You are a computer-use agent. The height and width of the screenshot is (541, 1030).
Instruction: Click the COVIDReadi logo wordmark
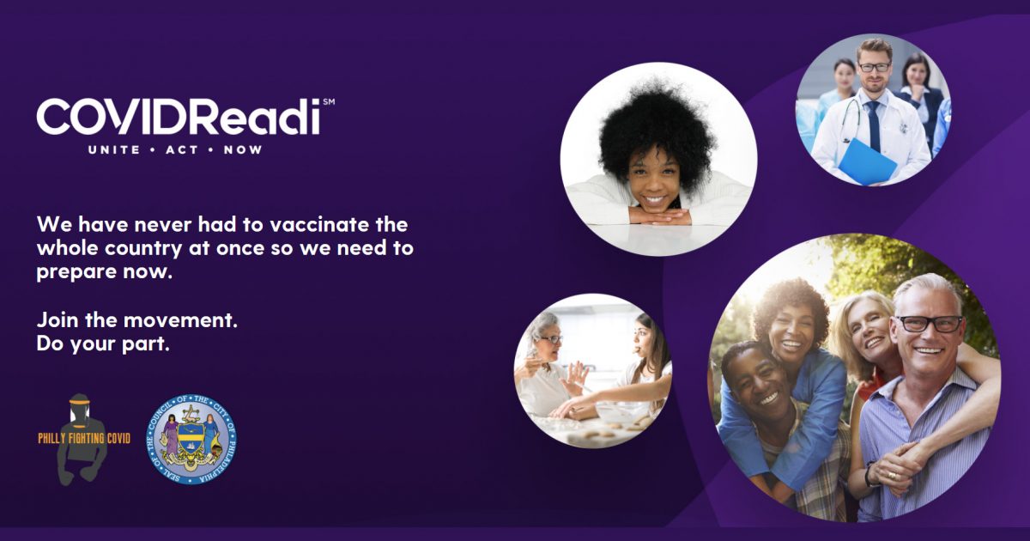pos(179,117)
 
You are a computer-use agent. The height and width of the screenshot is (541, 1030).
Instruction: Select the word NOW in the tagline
pos(243,149)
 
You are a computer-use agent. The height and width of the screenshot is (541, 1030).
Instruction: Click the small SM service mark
pos(328,102)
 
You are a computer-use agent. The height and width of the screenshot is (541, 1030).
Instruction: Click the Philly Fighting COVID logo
pos(83,438)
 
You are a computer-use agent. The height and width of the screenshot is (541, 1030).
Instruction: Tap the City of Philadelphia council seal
pos(191,437)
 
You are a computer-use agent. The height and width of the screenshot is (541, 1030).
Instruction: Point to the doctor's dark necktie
pos(873,124)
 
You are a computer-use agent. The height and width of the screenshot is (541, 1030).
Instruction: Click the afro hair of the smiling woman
pos(657,125)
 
